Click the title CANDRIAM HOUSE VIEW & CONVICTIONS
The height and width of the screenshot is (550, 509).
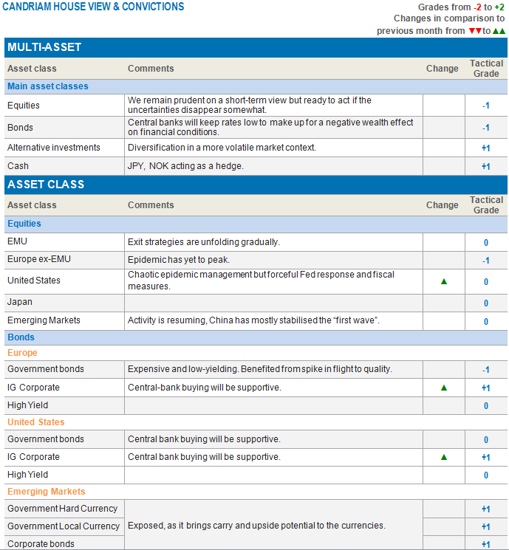(x=93, y=7)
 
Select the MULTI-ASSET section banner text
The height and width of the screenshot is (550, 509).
(x=44, y=48)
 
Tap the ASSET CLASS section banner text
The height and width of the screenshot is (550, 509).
(x=46, y=185)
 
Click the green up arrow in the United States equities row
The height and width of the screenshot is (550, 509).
(x=444, y=281)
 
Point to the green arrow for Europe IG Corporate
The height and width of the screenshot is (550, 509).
(x=444, y=388)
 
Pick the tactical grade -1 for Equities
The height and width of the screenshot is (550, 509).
(x=485, y=106)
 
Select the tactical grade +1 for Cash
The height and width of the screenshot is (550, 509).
(x=485, y=167)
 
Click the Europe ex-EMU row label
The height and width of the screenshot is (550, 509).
(x=39, y=260)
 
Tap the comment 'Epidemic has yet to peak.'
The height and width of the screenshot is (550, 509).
(x=179, y=260)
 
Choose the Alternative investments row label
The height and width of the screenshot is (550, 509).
(x=52, y=148)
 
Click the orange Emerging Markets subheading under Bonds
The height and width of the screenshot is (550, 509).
(x=46, y=492)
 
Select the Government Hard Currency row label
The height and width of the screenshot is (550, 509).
(x=62, y=509)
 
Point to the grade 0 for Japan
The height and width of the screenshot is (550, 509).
(x=485, y=303)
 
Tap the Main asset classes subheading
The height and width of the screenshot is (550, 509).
(x=47, y=86)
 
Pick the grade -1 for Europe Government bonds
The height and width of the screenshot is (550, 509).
(x=485, y=370)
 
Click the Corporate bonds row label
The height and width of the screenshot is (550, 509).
(x=41, y=544)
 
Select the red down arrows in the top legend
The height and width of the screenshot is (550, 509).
(x=475, y=31)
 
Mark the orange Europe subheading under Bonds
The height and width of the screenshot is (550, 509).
(x=22, y=353)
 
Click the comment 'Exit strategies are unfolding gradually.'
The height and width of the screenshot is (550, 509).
(x=204, y=241)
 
